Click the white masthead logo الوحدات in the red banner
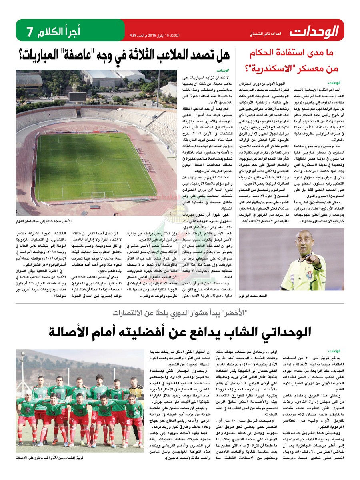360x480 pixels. tap(314, 30)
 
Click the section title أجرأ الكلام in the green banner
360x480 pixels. tap(58, 31)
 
